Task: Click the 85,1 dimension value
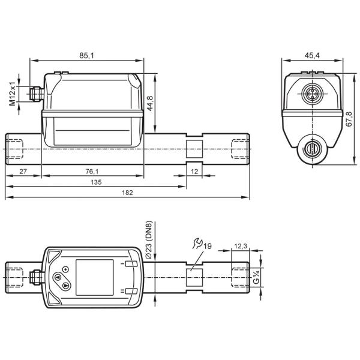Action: [86, 55]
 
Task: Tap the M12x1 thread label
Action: [13, 94]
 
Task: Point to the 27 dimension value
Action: [23, 171]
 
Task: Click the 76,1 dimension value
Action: [92, 171]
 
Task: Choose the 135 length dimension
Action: [96, 182]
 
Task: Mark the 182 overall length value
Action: [127, 193]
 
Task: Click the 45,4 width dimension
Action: [312, 55]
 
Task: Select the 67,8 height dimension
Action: [349, 119]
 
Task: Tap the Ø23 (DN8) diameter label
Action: [149, 240]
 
